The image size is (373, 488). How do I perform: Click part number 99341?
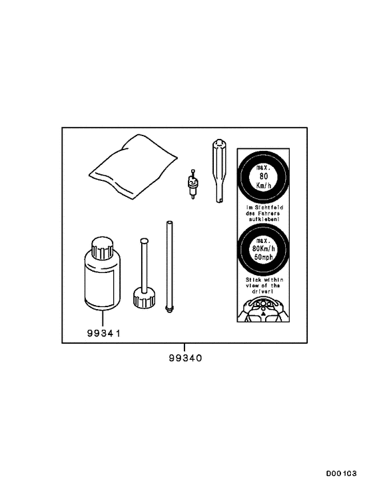click(103, 333)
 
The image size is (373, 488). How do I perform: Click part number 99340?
click(185, 358)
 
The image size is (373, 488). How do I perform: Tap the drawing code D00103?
click(341, 473)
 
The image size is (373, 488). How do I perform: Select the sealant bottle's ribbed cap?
click(101, 248)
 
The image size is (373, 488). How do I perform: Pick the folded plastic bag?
click(133, 166)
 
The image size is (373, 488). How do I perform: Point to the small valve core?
click(192, 184)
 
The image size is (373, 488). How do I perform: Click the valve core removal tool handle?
click(219, 171)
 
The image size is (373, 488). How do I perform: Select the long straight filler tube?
click(169, 267)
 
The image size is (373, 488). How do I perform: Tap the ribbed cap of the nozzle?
click(144, 298)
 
